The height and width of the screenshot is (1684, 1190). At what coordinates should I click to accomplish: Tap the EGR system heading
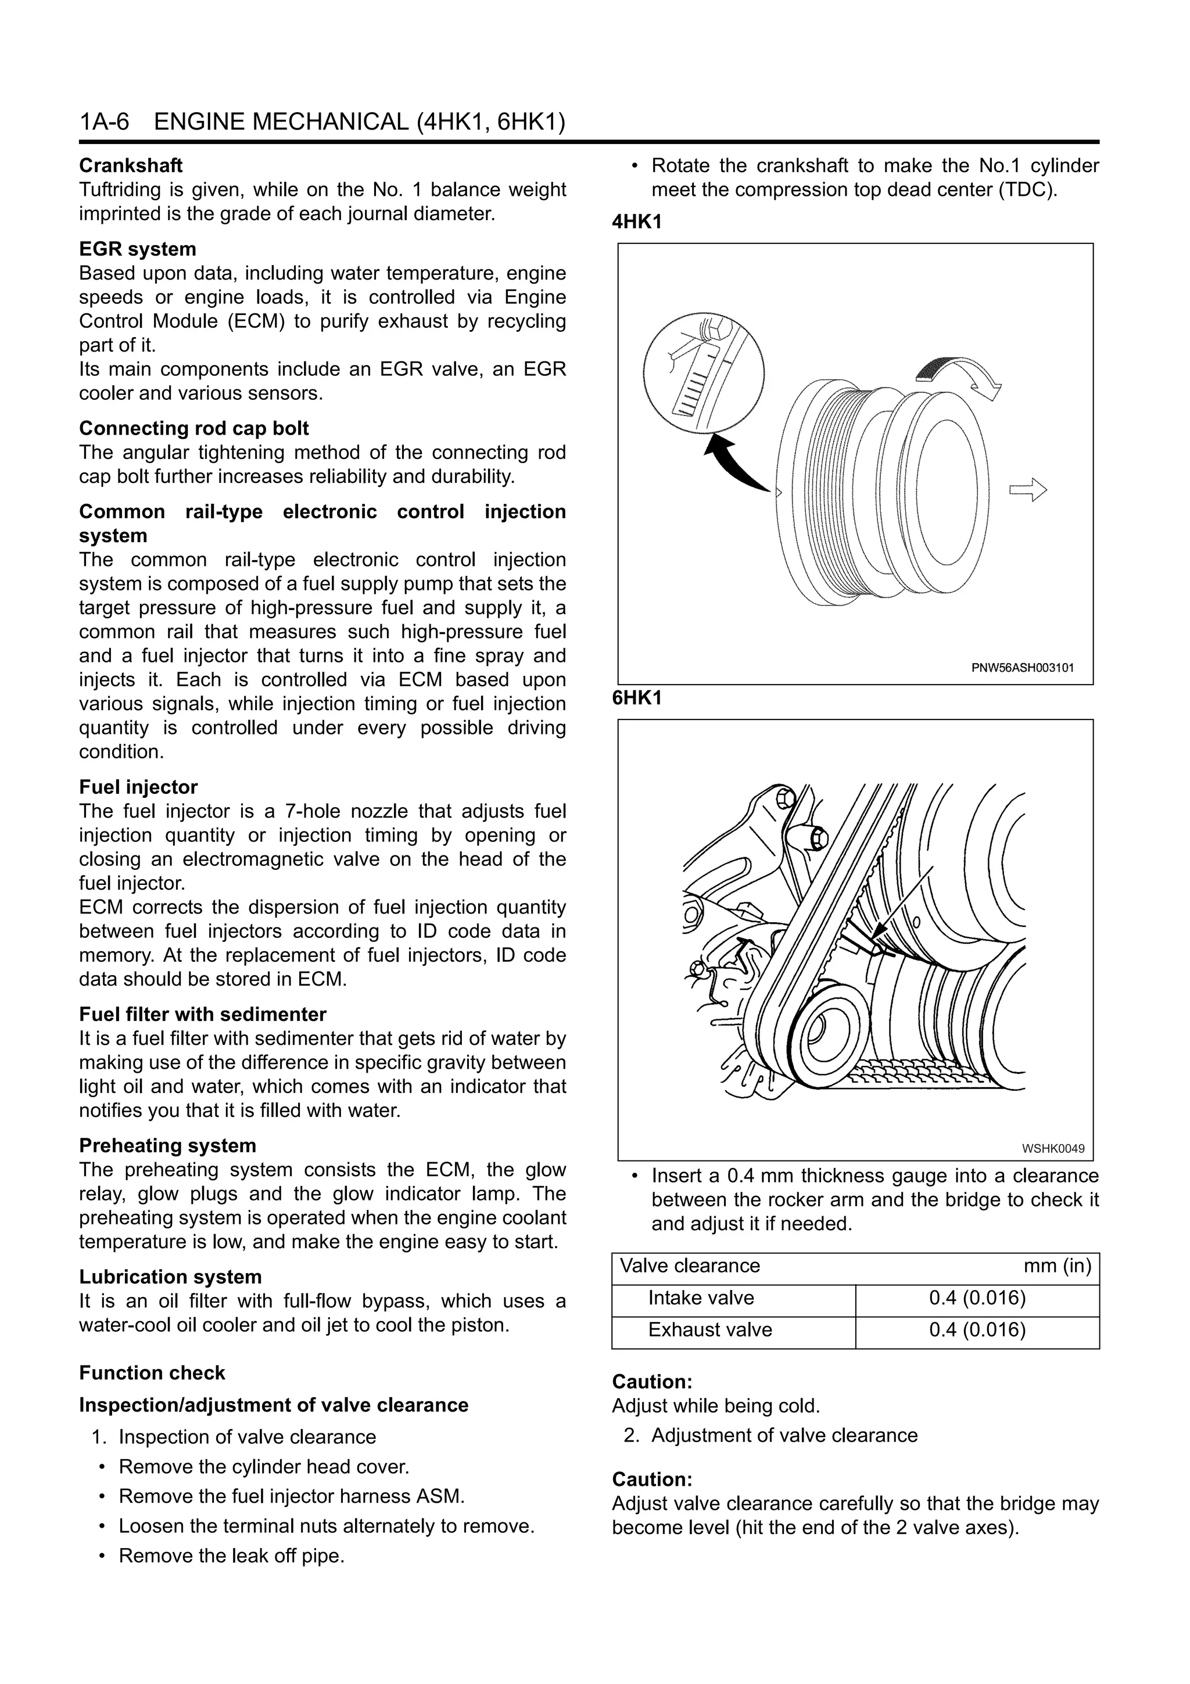tap(137, 249)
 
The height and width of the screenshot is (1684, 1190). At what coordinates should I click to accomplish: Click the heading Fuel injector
tap(138, 787)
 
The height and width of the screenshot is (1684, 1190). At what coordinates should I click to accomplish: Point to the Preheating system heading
tap(167, 1146)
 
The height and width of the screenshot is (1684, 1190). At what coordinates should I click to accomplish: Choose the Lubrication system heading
tap(170, 1277)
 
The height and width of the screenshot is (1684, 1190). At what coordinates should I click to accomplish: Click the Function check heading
tap(152, 1373)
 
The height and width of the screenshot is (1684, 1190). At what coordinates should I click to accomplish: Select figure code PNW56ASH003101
tap(1022, 668)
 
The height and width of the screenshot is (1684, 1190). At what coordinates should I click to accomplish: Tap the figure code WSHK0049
tap(1053, 1149)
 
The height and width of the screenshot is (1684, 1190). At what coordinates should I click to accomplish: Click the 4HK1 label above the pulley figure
tap(636, 222)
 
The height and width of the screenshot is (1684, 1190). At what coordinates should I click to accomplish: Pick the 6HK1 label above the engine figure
tap(636, 698)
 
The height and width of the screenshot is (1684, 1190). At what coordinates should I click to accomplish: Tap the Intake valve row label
tap(700, 1298)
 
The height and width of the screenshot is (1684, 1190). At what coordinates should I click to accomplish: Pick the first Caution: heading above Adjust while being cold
tap(652, 1382)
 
